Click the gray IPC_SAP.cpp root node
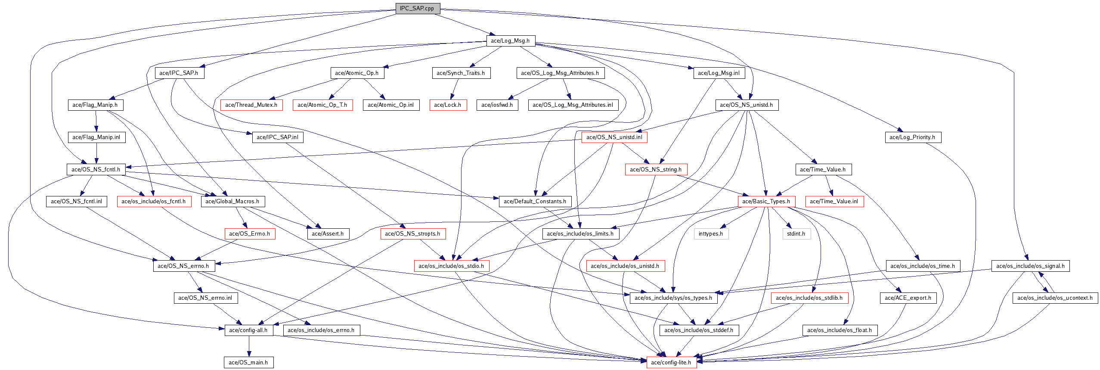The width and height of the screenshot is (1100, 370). (x=418, y=9)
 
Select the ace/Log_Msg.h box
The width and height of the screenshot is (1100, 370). (x=510, y=41)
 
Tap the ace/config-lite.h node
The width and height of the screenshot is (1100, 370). (x=671, y=363)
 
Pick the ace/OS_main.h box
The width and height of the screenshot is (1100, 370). (x=248, y=363)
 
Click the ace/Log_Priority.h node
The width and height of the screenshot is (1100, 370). (x=912, y=137)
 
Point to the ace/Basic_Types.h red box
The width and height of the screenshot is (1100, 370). (x=766, y=202)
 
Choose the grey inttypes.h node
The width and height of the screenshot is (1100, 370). (x=711, y=234)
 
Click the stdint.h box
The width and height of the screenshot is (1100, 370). (x=796, y=234)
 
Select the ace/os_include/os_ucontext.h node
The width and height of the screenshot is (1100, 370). (x=1055, y=298)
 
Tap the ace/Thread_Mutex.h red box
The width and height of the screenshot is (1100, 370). (x=251, y=105)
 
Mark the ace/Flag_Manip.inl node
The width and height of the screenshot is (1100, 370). (x=96, y=137)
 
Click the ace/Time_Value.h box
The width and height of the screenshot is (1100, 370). (x=823, y=170)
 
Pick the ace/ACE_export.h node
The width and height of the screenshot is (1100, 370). (x=908, y=298)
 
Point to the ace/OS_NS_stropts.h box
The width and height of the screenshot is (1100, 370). (x=412, y=234)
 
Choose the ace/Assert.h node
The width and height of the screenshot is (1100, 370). (x=328, y=234)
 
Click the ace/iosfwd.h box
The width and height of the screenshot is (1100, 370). (x=497, y=105)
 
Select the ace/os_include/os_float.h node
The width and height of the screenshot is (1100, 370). (x=840, y=330)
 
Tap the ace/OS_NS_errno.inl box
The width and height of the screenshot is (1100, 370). (x=205, y=298)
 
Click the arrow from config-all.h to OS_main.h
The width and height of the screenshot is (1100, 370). (x=249, y=346)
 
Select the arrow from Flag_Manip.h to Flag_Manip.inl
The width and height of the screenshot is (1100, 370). (x=96, y=121)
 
